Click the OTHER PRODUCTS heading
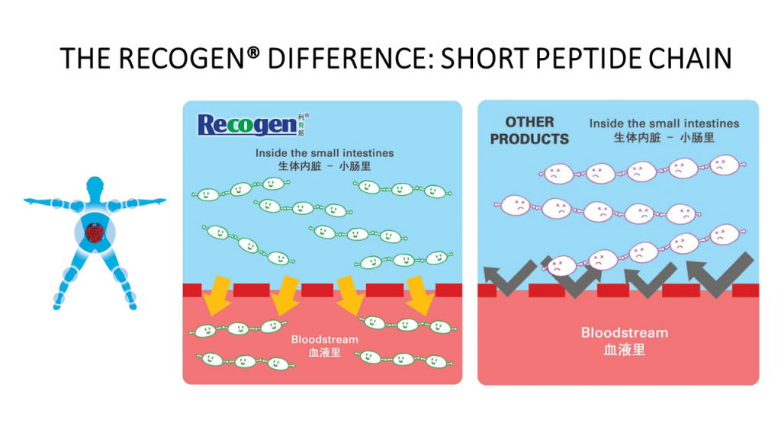pyautogui.click(x=529, y=130)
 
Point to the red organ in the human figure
pyautogui.click(x=95, y=232)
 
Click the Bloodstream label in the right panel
pyautogui.click(x=624, y=333)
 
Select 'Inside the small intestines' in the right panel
pyautogui.click(x=664, y=123)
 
